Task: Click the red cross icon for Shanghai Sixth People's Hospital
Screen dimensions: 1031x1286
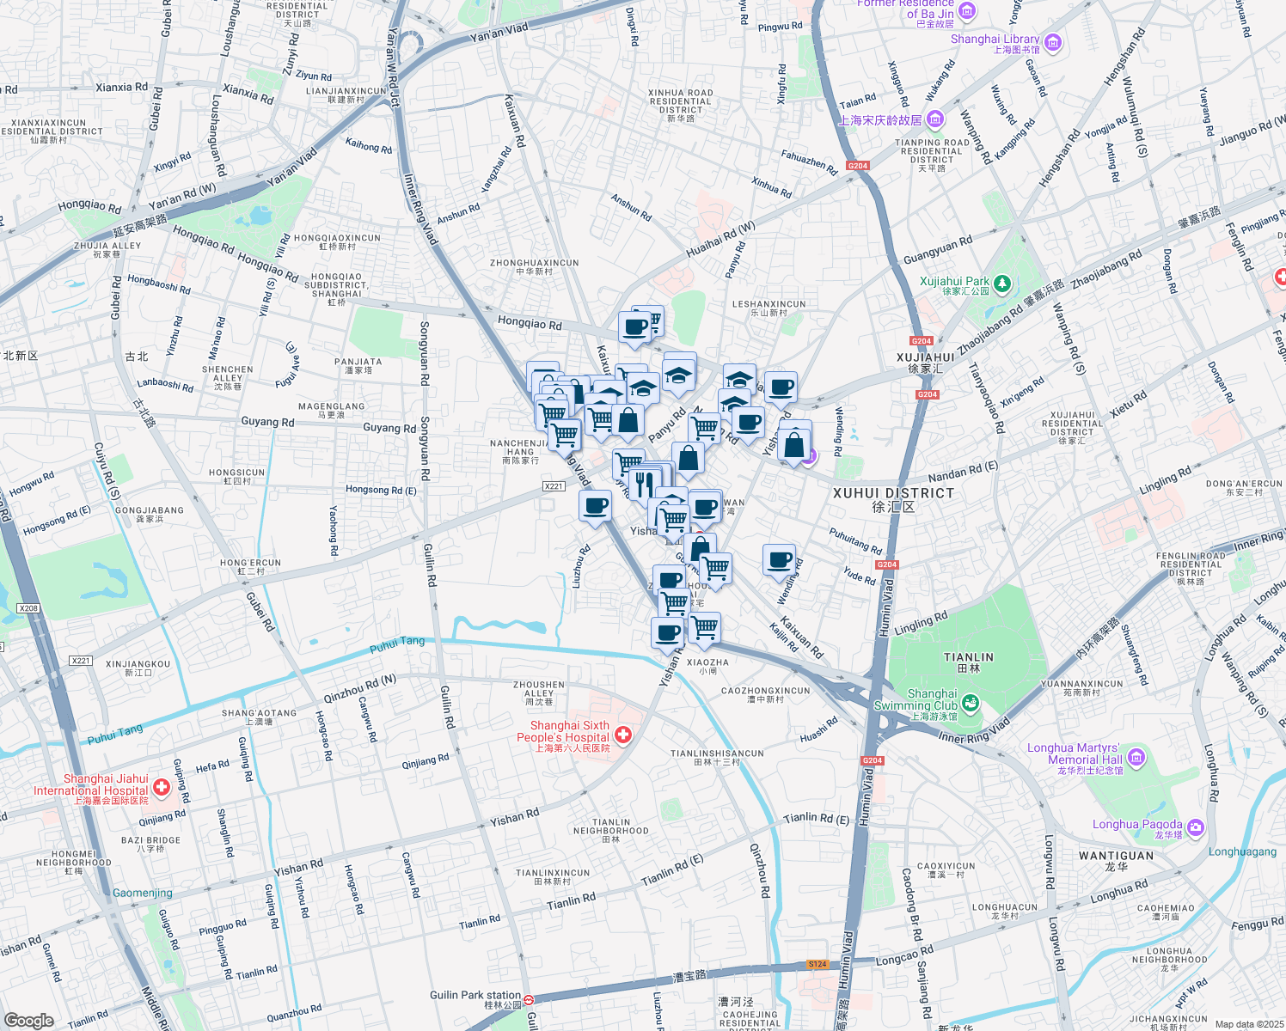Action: coord(623,735)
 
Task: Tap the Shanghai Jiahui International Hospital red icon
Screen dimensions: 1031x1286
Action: coord(161,787)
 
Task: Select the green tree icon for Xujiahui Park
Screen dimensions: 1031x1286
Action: coord(1001,283)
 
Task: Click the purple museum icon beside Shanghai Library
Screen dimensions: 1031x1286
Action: coord(1053,43)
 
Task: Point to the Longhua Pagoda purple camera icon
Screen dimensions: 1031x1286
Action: coord(1195,827)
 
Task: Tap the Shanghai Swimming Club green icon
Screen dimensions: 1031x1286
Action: coord(971,704)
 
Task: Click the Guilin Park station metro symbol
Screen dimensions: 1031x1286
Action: coord(530,1000)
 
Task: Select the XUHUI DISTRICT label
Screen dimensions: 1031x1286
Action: coord(893,493)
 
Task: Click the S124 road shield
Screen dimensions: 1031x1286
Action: coord(818,964)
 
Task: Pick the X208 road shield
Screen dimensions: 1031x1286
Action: coord(28,608)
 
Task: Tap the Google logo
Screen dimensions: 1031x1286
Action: coord(28,1020)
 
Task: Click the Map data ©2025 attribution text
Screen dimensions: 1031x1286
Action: coord(1249,1024)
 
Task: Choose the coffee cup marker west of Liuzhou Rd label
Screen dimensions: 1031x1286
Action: coord(595,506)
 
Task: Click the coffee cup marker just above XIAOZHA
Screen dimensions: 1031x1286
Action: coord(668,634)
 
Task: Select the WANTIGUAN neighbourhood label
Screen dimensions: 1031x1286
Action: coord(1116,856)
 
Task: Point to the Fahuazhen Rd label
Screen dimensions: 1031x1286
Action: coord(808,162)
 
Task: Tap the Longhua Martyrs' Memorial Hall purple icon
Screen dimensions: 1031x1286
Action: coord(1136,757)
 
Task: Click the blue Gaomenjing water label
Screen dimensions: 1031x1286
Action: coord(143,893)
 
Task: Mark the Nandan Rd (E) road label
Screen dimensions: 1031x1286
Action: coord(962,472)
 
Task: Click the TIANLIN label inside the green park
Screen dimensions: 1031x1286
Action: coord(968,657)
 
